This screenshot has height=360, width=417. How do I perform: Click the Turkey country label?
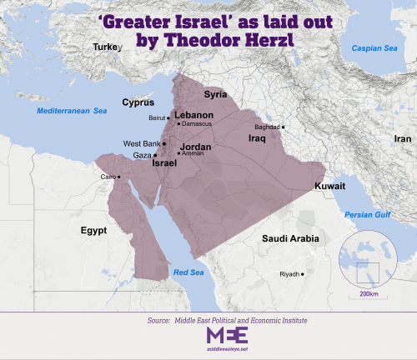point(107,47)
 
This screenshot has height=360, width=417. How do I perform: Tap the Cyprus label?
point(138,102)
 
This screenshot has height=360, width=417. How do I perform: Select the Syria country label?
point(216,94)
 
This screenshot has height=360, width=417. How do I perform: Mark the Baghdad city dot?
point(284,127)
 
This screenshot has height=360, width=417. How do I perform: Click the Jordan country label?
point(196,147)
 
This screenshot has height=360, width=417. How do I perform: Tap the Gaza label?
point(141,155)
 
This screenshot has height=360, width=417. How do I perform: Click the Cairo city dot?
point(118,177)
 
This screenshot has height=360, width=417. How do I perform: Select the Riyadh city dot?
point(304,273)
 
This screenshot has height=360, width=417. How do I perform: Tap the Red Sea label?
point(187,272)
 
